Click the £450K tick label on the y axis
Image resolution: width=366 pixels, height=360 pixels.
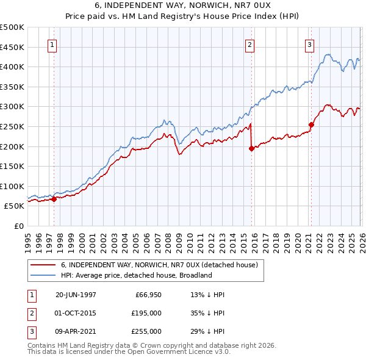(x=12, y=47)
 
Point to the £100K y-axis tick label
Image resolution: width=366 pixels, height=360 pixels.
(x=12, y=186)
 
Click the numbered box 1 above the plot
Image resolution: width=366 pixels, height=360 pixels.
(x=52, y=44)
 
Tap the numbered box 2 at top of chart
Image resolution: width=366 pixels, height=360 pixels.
(x=250, y=44)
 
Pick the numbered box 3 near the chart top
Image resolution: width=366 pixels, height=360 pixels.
(x=309, y=44)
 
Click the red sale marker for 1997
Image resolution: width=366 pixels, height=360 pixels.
(x=54, y=199)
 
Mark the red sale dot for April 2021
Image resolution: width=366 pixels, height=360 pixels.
(x=311, y=124)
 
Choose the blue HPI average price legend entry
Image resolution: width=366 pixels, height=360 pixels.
(x=136, y=275)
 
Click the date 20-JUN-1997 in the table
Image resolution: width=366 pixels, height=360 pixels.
(x=76, y=295)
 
